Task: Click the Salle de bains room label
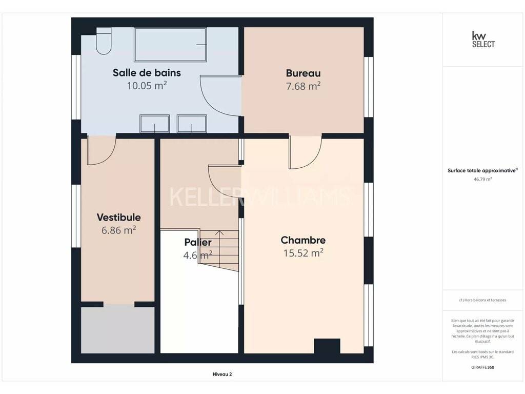click(x=147, y=73)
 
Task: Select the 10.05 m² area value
click(x=147, y=86)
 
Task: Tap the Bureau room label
click(x=303, y=73)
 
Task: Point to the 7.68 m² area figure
click(x=303, y=86)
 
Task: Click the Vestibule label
click(x=118, y=217)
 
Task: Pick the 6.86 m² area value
click(x=118, y=230)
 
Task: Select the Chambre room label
click(x=303, y=240)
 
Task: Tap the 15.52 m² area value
click(x=303, y=253)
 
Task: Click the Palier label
click(x=198, y=242)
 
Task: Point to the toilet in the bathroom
click(x=104, y=41)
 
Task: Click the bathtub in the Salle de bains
click(x=170, y=45)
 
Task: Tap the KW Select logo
click(x=483, y=40)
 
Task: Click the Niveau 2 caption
click(x=223, y=374)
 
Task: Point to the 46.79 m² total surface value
click(x=482, y=179)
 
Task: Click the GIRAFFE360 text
click(x=482, y=367)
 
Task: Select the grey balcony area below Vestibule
click(x=117, y=330)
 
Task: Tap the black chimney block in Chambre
click(x=327, y=346)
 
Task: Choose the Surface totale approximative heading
click(x=482, y=170)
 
